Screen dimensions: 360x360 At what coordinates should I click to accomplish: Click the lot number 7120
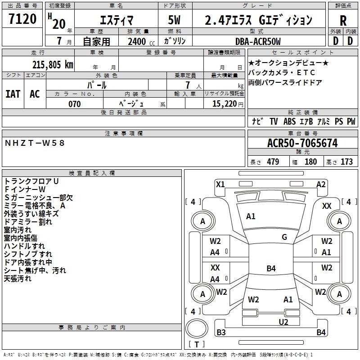pos(22,19)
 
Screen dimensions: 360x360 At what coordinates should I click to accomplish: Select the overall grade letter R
pos(343,21)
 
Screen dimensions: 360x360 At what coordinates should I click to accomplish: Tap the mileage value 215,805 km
pos(53,65)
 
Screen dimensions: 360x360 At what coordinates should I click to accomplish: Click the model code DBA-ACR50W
pos(258,41)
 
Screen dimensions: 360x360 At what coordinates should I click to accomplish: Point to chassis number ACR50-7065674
pos(302,143)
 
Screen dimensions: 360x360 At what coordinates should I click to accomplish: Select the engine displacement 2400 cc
pos(141,41)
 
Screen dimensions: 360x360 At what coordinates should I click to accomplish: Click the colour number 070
pos(75,104)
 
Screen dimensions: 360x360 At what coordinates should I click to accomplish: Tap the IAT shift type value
pos(13,94)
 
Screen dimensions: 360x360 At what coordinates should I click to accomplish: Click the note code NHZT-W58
pos(35,143)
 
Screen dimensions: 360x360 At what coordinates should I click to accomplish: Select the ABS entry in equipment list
pos(289,121)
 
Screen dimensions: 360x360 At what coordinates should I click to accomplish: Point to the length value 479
pos(273,162)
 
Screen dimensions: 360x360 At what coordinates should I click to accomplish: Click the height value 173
pos(346,162)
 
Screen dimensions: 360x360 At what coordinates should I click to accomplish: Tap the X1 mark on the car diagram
pos(220,184)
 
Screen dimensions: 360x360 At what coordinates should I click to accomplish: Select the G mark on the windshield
pos(284,237)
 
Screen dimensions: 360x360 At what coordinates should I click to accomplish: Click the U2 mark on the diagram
pos(283,322)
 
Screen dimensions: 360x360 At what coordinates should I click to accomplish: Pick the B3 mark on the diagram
pos(221,332)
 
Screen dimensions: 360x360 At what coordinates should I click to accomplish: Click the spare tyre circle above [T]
pos(197,328)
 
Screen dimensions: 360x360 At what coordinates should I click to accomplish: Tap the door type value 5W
pos(174,20)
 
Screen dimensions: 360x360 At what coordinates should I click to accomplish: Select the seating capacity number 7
pos(188,85)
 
